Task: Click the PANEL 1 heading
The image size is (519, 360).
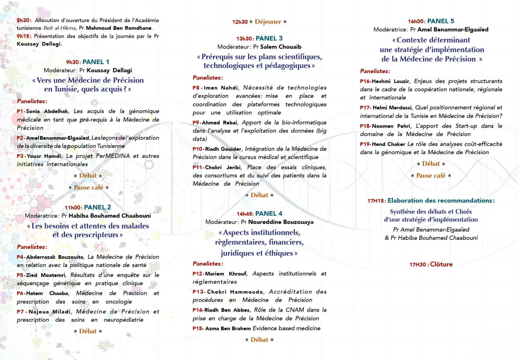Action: click(x=96, y=62)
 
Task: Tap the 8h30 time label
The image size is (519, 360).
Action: click(x=24, y=20)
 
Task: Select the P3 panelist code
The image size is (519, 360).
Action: click(x=20, y=156)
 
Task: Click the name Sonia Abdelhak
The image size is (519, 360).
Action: click(x=47, y=111)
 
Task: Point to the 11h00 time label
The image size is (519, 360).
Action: click(x=73, y=208)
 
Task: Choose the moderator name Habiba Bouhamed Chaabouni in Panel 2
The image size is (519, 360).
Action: click(x=109, y=216)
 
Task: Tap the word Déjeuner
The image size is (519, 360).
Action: click(x=268, y=22)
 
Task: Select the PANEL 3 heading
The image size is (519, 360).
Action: click(x=269, y=38)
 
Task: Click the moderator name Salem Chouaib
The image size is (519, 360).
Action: click(x=280, y=47)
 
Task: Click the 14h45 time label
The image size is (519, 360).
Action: click(x=245, y=214)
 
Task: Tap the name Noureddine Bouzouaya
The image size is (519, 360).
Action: click(x=280, y=222)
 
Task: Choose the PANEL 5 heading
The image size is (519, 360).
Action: click(x=441, y=21)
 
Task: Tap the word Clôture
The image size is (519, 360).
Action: click(x=441, y=264)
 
